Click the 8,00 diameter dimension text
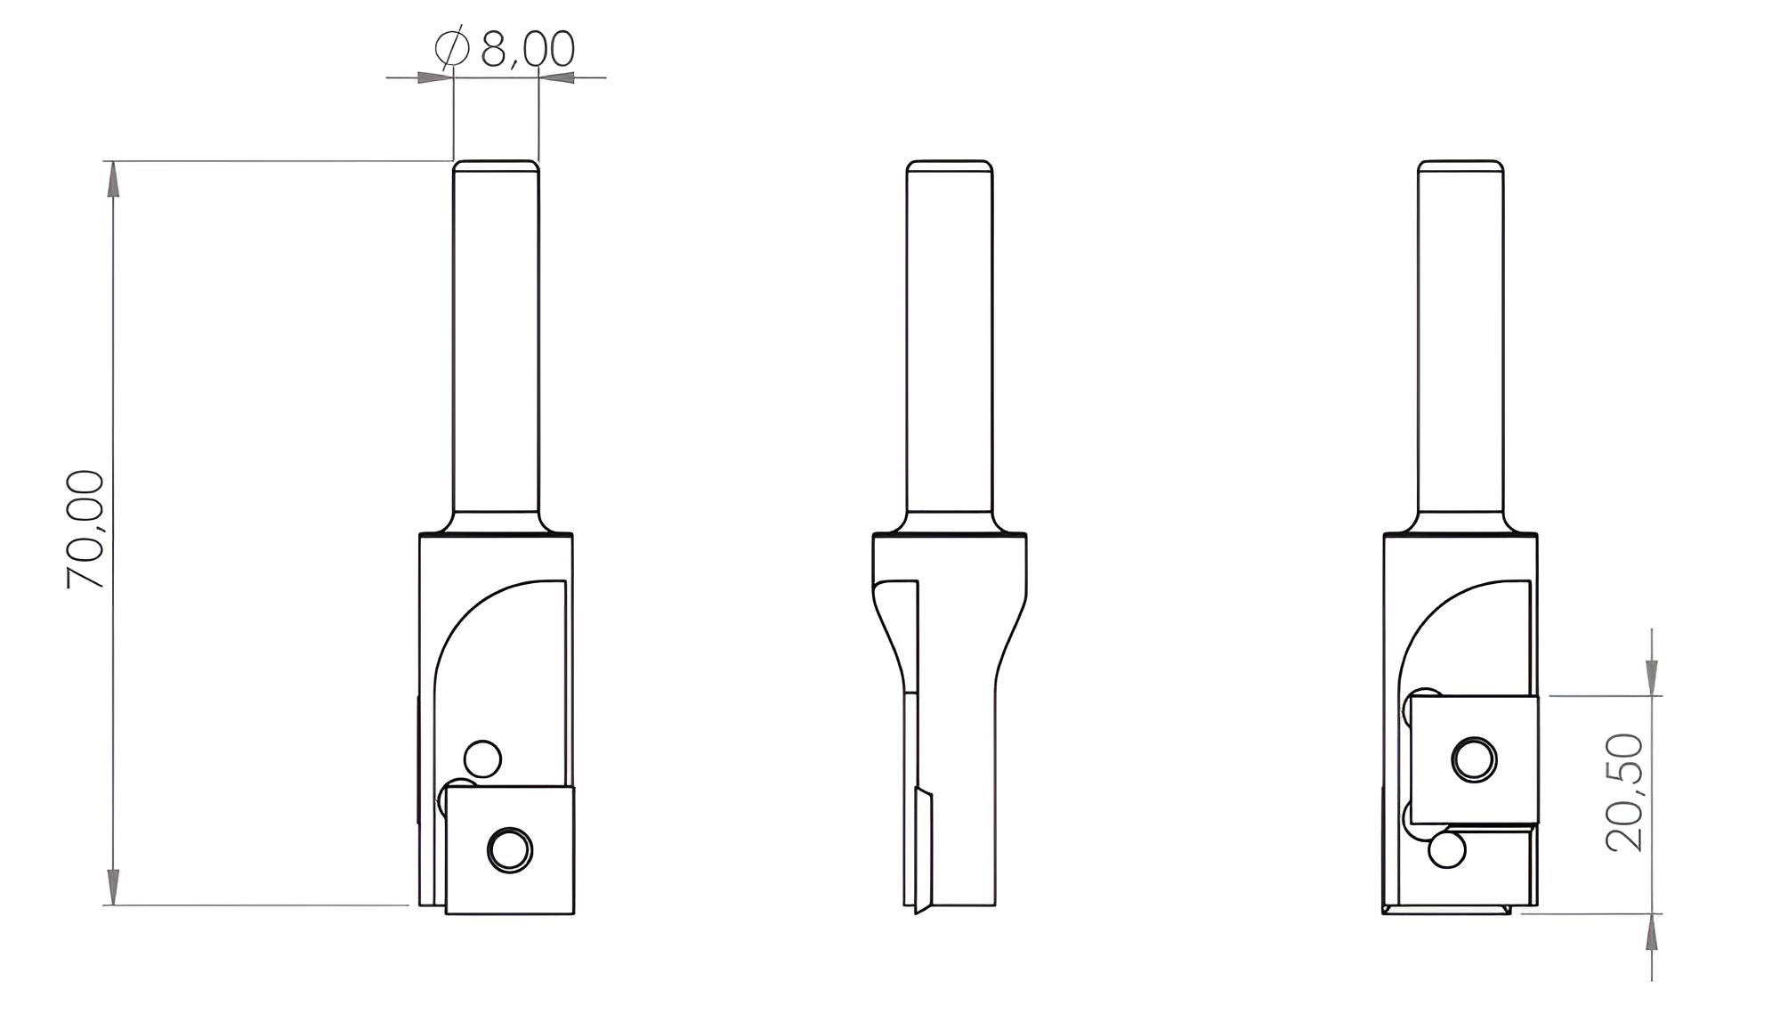(527, 50)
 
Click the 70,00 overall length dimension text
(86, 529)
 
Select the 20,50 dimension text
(1625, 792)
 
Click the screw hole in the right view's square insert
(1474, 759)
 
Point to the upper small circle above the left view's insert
(483, 759)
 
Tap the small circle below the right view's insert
(1447, 850)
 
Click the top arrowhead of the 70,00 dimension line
(112, 178)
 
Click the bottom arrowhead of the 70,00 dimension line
(112, 888)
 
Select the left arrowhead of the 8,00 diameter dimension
(434, 77)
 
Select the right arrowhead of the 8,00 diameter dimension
(557, 77)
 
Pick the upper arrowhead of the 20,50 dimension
(1652, 677)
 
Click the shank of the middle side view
(950, 338)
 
